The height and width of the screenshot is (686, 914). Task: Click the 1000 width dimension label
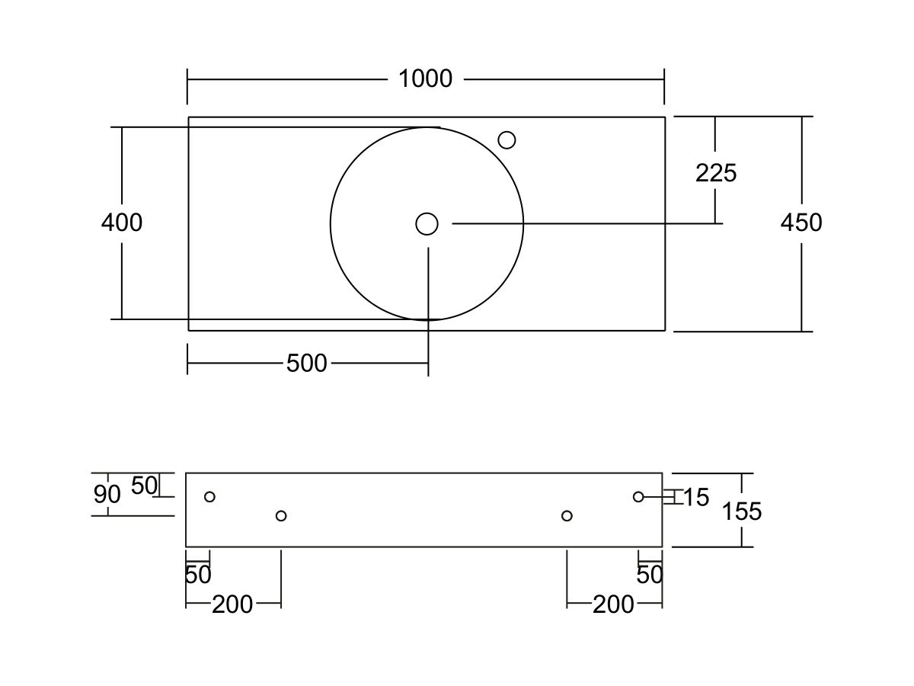[x=425, y=79]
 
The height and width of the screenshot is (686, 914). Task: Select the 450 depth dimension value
[x=801, y=223]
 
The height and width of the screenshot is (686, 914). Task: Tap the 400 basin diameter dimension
[x=122, y=223]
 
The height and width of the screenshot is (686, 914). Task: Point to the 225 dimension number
[x=716, y=173]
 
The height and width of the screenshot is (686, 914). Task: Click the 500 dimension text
[x=306, y=364]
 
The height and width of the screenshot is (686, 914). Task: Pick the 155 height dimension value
[x=742, y=511]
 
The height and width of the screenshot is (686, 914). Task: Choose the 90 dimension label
[x=107, y=495]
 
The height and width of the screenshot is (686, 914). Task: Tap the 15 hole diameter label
[x=696, y=497]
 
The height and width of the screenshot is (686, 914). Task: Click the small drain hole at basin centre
[x=427, y=224]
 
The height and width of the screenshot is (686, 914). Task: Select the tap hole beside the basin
[x=507, y=140]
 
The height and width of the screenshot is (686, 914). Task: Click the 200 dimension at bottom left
[x=232, y=604]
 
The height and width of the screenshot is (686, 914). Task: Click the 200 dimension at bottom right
[x=613, y=604]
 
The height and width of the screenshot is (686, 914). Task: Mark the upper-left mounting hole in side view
[x=210, y=497]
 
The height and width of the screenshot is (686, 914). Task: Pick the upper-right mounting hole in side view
[x=638, y=497]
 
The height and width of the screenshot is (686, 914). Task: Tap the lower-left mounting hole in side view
[x=281, y=516]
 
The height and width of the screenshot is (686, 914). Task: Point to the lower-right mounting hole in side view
[x=567, y=516]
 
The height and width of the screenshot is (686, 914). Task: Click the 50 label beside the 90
[x=145, y=486]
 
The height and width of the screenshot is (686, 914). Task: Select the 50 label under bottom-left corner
[x=198, y=575]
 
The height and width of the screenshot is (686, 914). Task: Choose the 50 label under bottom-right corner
[x=650, y=575]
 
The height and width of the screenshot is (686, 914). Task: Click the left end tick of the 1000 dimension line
[x=187, y=86]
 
